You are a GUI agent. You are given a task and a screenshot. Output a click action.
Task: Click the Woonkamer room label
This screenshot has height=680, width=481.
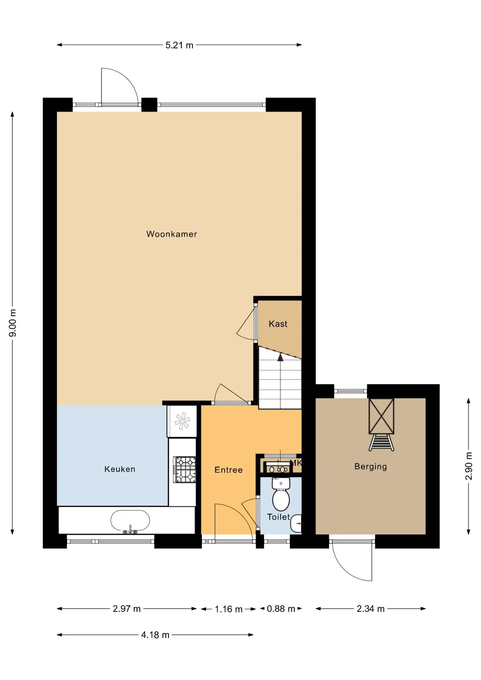[x=171, y=234]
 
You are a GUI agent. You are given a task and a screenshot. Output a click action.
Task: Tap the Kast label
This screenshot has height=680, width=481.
[x=278, y=324]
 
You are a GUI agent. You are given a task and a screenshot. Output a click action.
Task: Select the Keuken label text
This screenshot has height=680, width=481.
[x=120, y=469]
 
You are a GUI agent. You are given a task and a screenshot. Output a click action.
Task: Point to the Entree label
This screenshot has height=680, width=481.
[x=228, y=470]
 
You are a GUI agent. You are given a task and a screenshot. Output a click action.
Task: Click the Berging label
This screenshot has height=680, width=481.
[x=370, y=466]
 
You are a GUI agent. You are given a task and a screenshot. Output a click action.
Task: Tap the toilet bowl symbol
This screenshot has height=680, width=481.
[x=281, y=494]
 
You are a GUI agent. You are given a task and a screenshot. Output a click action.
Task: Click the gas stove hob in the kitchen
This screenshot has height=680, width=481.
[x=185, y=470]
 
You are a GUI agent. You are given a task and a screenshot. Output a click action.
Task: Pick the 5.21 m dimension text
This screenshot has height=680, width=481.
[x=179, y=45]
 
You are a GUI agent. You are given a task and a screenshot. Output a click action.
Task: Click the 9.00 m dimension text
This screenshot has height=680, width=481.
[x=13, y=323]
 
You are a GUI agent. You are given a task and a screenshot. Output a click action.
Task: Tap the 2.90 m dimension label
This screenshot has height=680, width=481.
[x=469, y=466]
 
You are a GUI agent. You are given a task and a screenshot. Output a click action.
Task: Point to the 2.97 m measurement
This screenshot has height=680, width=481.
[x=127, y=609]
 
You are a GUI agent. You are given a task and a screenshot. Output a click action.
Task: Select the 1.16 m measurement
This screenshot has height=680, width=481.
[x=228, y=609]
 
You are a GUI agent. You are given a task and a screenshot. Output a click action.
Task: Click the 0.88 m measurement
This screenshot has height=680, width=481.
[x=281, y=609]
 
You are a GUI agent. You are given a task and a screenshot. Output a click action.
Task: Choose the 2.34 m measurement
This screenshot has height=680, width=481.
[x=370, y=609]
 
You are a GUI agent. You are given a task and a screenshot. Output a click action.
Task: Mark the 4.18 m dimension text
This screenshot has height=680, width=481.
[x=155, y=635]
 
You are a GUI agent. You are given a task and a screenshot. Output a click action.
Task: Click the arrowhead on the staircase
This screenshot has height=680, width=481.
[x=280, y=357]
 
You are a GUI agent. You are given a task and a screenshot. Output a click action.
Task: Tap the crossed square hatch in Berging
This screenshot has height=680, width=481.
[x=381, y=416]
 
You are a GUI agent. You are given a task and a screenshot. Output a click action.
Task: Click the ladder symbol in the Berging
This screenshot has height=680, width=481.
[x=381, y=443]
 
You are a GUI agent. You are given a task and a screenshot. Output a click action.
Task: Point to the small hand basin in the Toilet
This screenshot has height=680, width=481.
[x=296, y=523]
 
